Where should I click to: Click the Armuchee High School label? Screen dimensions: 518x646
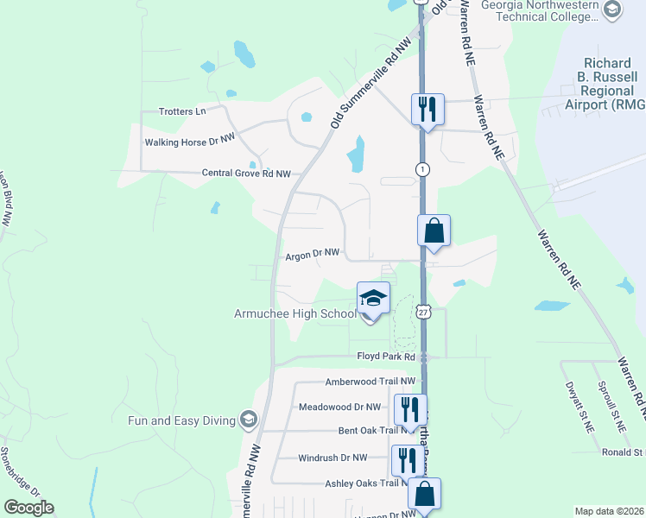294,313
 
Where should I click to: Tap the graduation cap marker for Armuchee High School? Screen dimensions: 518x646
373,299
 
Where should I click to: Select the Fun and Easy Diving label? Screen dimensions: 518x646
181,420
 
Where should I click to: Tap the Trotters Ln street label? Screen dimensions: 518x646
183,111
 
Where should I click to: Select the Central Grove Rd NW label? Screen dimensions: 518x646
246,174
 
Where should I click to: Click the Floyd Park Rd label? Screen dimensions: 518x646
386,357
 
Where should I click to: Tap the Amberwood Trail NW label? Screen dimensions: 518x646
370,382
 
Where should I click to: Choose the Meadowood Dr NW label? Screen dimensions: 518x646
339,407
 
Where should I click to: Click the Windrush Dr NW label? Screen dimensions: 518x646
332,458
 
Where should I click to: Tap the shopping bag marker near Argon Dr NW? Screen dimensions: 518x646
434,231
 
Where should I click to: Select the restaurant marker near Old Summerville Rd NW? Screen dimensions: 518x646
427,110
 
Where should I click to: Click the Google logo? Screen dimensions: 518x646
28,508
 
